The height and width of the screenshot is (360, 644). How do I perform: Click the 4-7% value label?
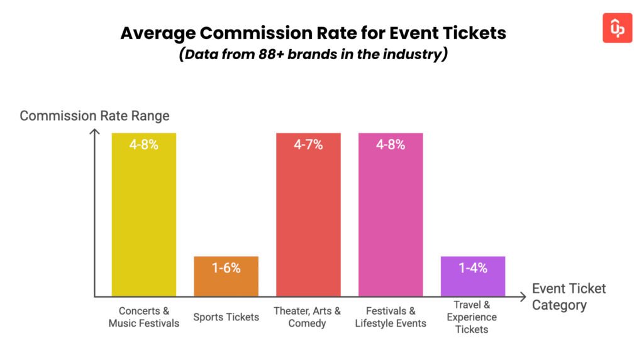point(308,145)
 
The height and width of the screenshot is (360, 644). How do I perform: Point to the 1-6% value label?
point(226,267)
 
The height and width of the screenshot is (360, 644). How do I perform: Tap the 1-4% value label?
point(473,267)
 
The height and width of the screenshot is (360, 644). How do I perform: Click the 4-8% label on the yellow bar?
point(143,145)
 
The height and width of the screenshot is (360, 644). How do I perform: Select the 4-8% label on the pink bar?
point(391,145)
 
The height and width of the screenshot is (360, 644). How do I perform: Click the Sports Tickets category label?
point(226,317)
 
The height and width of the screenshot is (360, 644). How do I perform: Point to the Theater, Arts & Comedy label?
point(308,317)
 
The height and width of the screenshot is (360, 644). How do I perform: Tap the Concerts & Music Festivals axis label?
point(143,317)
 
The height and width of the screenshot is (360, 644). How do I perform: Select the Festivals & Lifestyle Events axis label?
point(391,317)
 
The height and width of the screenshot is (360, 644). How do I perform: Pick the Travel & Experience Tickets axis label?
point(472,317)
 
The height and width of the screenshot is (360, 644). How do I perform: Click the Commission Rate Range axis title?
point(94,116)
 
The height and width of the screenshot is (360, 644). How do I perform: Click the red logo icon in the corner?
point(617,28)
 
